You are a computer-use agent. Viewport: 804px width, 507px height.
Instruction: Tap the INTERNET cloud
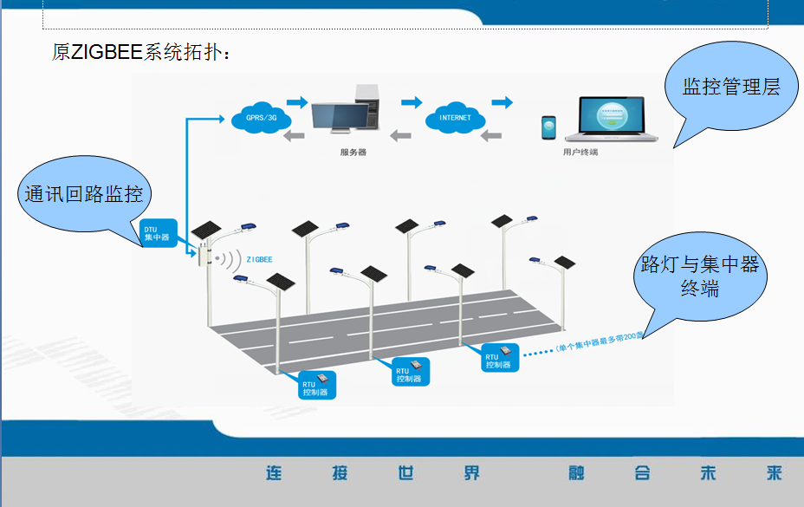click(x=455, y=118)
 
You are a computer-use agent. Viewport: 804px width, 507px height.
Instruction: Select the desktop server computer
click(x=345, y=113)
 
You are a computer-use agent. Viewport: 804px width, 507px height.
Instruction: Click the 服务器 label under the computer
click(x=353, y=152)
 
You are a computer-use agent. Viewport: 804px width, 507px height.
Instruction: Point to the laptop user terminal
click(x=609, y=119)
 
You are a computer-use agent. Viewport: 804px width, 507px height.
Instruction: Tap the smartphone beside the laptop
click(x=548, y=127)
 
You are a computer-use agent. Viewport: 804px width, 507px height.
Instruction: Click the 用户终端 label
click(x=580, y=152)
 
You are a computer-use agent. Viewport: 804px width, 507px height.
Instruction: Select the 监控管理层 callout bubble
click(x=730, y=88)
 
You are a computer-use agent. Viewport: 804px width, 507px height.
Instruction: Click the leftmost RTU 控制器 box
click(x=314, y=384)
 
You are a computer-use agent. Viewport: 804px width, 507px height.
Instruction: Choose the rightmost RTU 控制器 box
click(x=500, y=357)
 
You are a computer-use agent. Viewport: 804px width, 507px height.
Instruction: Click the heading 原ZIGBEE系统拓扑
click(x=140, y=52)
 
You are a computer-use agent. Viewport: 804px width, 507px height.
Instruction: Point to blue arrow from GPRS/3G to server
click(x=297, y=101)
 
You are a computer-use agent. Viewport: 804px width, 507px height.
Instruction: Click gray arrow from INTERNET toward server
click(x=400, y=134)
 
